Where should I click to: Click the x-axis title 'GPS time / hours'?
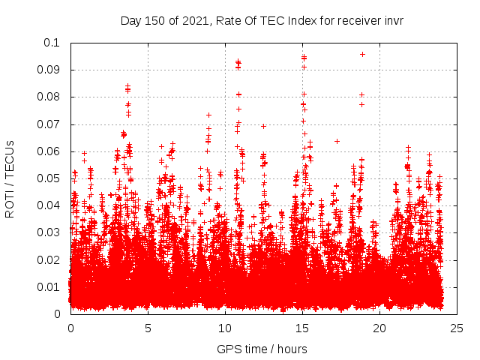click(x=262, y=349)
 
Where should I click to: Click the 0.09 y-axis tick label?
click(x=51, y=70)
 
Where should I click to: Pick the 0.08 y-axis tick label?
click(x=51, y=97)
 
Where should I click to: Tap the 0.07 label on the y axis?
click(x=51, y=124)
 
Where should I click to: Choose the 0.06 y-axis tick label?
click(x=51, y=151)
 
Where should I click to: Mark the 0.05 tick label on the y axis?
click(x=51, y=178)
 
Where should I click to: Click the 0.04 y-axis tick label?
click(x=51, y=205)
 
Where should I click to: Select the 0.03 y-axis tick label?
click(x=51, y=232)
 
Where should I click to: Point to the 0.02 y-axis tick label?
click(x=51, y=259)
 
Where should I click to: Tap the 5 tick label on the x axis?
click(x=148, y=328)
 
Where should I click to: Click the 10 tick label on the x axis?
click(x=225, y=328)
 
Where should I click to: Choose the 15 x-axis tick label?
click(x=302, y=328)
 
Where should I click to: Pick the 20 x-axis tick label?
click(x=379, y=328)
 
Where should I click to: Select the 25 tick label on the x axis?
click(x=457, y=328)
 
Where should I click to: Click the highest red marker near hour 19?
click(x=362, y=54)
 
